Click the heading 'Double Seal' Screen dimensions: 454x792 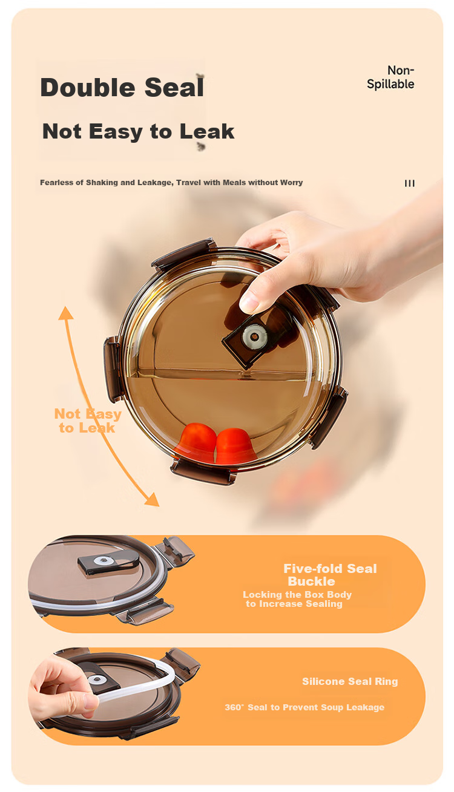(122, 87)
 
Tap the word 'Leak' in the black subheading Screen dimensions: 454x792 (206, 131)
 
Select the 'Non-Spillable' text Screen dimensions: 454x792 (390, 77)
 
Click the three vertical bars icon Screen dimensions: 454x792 (409, 183)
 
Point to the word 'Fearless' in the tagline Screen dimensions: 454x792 (57, 183)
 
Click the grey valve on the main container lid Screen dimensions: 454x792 (254, 336)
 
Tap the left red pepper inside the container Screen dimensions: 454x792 (196, 442)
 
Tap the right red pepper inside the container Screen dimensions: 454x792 (235, 445)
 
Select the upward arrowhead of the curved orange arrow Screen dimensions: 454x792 (65, 313)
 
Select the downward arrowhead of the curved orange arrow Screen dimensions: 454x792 (153, 499)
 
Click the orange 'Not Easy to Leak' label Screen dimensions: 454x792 (88, 421)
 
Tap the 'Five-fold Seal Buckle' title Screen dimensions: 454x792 (330, 575)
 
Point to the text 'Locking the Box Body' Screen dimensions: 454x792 (297, 594)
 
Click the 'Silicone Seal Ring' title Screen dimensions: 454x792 (350, 681)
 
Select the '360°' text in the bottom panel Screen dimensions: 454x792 (235, 707)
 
